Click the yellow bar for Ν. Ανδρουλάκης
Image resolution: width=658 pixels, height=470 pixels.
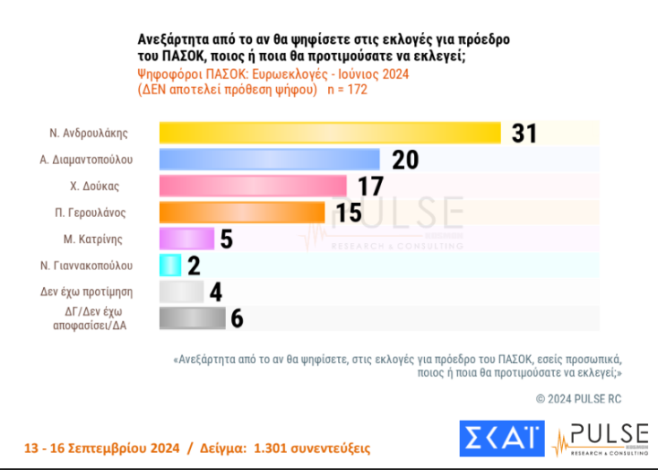pyautogui.click(x=329, y=133)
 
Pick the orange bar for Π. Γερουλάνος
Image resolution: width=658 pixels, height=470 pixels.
pyautogui.click(x=241, y=213)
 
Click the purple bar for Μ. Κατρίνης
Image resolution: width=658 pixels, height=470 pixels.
pyautogui.click(x=186, y=239)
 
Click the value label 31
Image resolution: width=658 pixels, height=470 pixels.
pyautogui.click(x=524, y=133)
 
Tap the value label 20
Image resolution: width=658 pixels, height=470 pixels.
pyautogui.click(x=405, y=160)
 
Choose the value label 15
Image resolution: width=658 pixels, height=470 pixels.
pyautogui.click(x=348, y=213)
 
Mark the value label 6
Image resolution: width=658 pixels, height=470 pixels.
pyautogui.click(x=237, y=318)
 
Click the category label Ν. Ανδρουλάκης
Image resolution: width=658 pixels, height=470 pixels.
pyautogui.click(x=89, y=133)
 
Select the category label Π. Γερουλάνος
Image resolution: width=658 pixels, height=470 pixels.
pyautogui.click(x=89, y=213)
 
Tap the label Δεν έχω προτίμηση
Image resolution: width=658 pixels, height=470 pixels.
pyautogui.click(x=89, y=292)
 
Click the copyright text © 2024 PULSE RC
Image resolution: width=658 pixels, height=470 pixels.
pyautogui.click(x=578, y=397)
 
